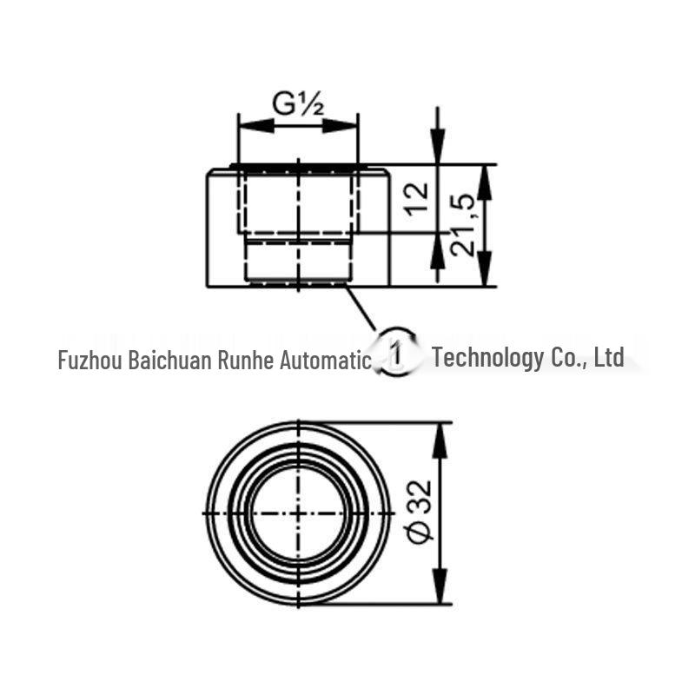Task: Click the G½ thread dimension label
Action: tap(298, 104)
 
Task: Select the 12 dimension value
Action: tap(418, 198)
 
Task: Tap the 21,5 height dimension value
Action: tap(463, 225)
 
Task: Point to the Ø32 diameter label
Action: tap(420, 512)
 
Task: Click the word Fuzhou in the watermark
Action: tap(90, 359)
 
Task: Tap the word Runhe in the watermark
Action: tap(246, 359)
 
